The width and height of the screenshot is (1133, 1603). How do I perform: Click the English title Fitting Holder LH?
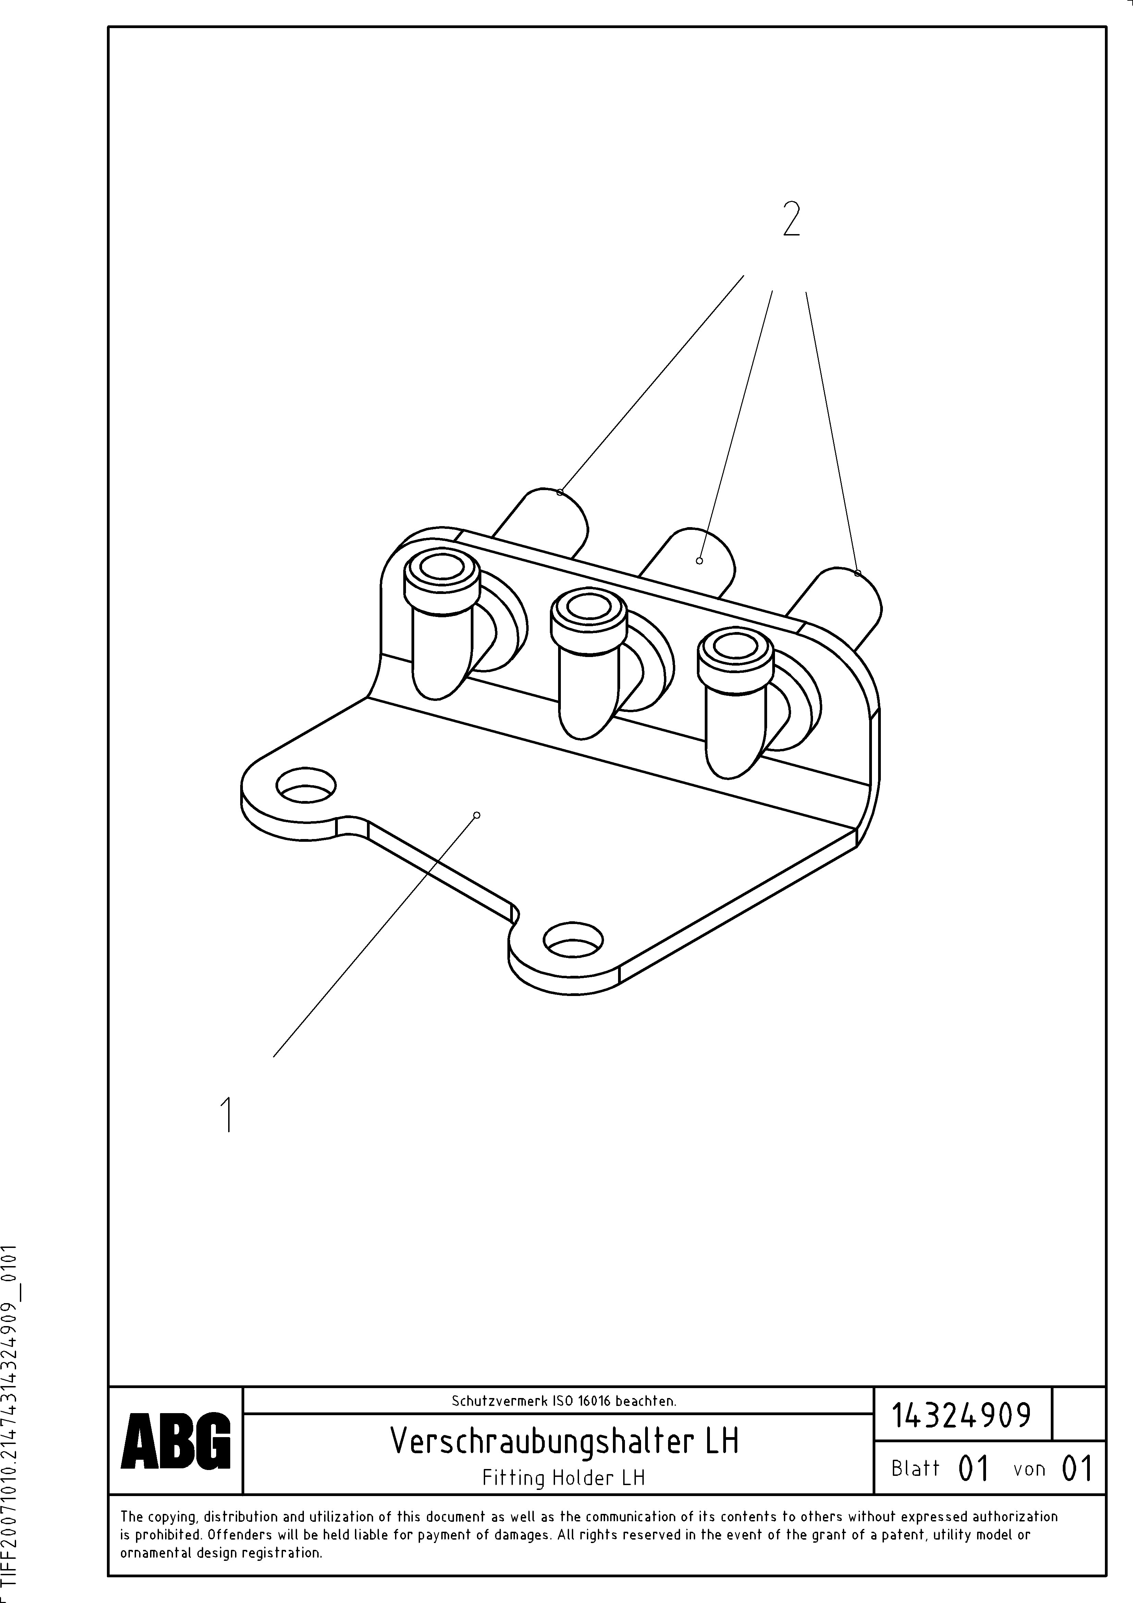(563, 1477)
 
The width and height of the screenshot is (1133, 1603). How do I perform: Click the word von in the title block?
(1029, 1469)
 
